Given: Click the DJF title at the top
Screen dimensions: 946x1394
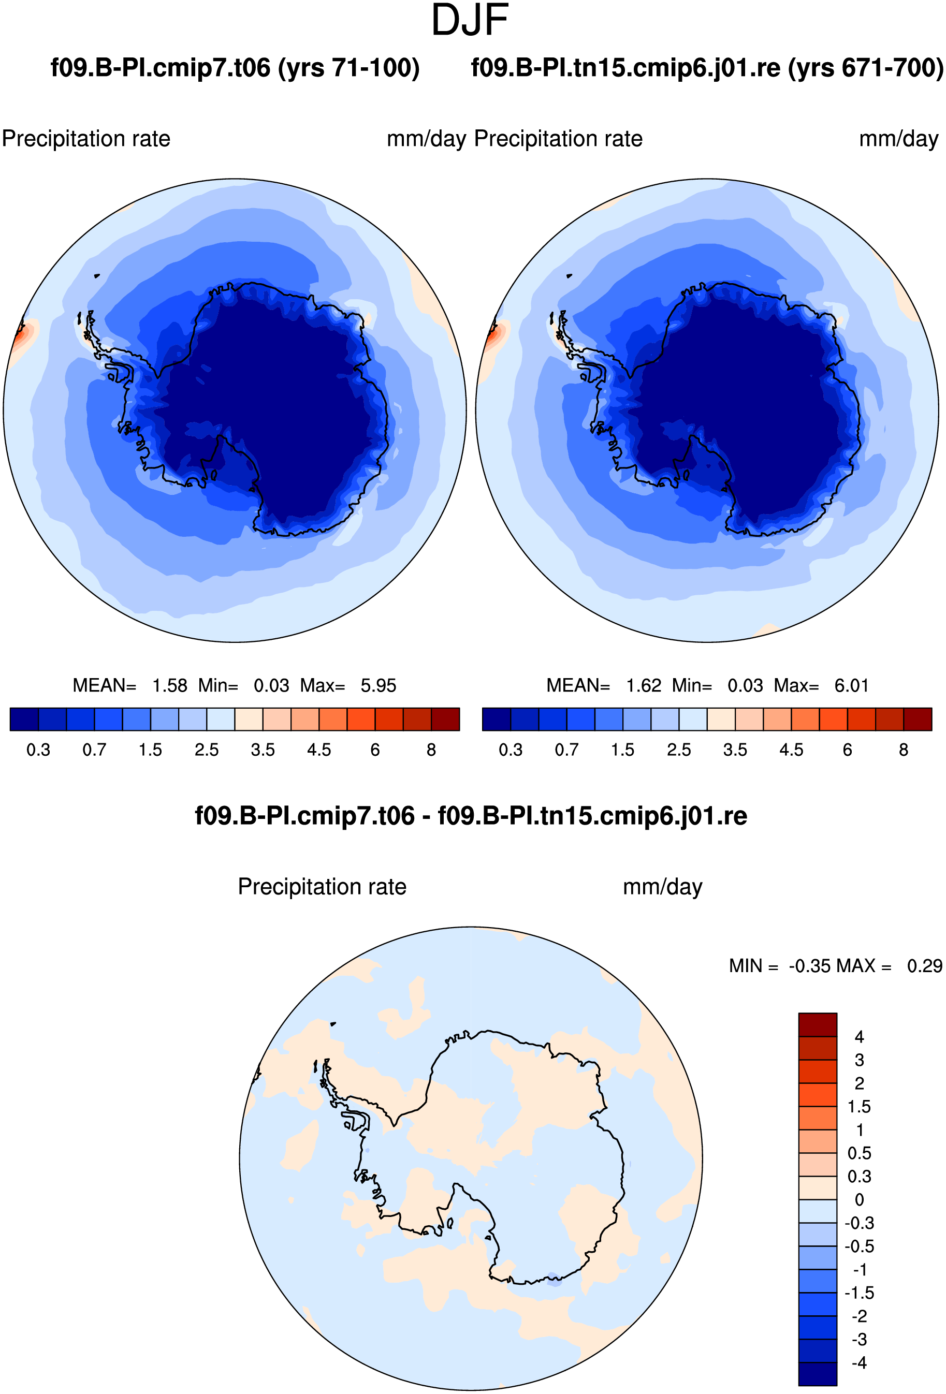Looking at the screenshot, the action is [x=470, y=20].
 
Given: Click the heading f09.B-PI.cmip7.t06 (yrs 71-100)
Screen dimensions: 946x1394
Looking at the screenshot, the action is [x=235, y=68].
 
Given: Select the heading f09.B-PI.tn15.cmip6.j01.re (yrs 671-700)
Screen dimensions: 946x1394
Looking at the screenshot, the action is [x=707, y=68].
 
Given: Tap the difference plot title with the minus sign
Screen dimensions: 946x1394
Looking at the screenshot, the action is [x=471, y=816].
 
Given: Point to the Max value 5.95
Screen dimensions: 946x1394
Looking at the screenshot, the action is [x=378, y=685].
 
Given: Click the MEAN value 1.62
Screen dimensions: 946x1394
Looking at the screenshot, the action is [x=643, y=685].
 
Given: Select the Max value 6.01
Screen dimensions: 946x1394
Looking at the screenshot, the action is [x=851, y=685].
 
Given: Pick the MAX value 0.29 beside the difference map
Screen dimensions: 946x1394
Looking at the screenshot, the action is [x=924, y=966].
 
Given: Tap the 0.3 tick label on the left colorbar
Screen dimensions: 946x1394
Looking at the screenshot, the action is [x=38, y=750].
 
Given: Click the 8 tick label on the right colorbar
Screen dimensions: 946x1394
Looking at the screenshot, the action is [x=904, y=750].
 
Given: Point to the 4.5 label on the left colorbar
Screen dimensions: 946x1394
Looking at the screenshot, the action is [x=319, y=750].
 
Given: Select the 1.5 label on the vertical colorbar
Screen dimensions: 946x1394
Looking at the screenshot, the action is [x=859, y=1106].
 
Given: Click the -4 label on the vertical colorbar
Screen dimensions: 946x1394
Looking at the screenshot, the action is [x=859, y=1363].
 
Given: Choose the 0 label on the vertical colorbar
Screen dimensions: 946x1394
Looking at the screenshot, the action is [x=859, y=1200].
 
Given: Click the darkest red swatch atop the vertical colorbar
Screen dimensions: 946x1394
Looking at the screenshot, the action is [x=818, y=1024].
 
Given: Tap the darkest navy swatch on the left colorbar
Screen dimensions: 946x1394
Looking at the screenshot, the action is [x=24, y=719].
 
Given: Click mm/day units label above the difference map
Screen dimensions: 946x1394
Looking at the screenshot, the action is [x=662, y=887].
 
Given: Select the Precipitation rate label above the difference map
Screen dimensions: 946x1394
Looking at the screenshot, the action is [x=322, y=887].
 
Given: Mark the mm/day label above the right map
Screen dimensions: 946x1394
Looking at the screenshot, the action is [x=898, y=139].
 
